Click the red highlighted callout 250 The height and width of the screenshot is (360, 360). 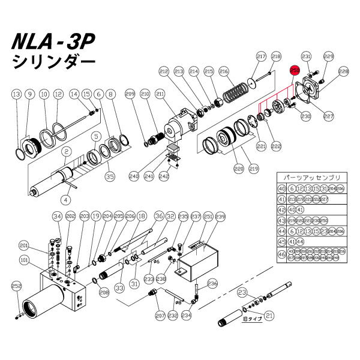coord(295,71)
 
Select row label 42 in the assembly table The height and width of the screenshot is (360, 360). coord(281,210)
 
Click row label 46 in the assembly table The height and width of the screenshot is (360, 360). coord(281,254)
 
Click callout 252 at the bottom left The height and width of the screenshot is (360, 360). coord(16,287)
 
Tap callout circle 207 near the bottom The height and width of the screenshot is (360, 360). coord(161,314)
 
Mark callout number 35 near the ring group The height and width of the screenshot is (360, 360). coord(109,176)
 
